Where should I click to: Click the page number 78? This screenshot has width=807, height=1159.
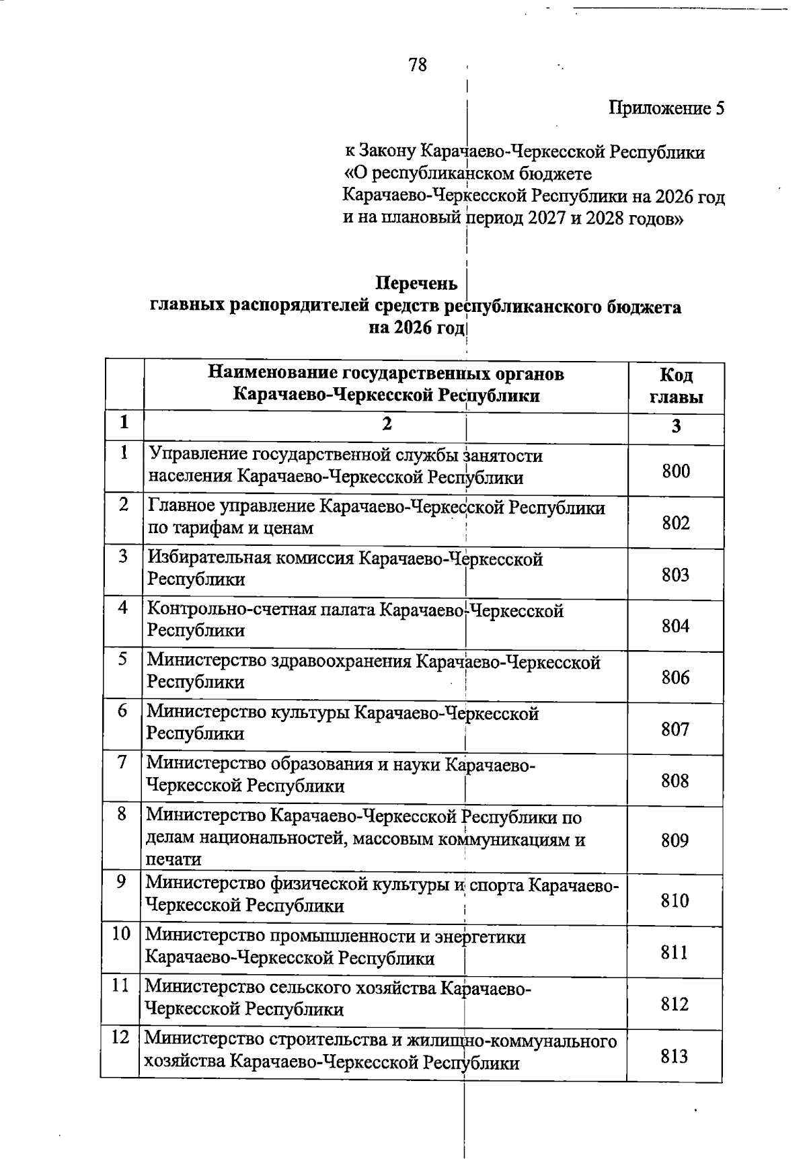pos(417,65)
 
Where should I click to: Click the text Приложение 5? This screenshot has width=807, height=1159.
pos(666,108)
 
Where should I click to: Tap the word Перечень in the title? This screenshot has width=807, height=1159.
pos(416,284)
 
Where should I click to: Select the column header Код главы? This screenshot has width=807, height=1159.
pos(676,385)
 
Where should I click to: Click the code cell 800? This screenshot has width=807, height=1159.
pos(676,471)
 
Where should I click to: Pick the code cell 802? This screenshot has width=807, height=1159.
pos(676,523)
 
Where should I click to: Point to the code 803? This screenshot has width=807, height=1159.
pos(676,575)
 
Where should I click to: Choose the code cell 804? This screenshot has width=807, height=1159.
pos(676,626)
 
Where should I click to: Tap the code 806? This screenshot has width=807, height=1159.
pos(676,678)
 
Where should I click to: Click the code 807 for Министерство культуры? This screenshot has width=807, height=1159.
pos(675,729)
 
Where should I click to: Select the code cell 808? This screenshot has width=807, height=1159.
pos(675,781)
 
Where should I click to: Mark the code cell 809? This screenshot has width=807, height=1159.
pos(675,840)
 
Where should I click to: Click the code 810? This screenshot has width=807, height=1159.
pos(675,901)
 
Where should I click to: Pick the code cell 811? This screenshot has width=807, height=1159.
pos(675,953)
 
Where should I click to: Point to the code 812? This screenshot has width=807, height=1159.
pos(675,1004)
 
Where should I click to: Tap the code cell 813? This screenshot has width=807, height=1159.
pos(675,1057)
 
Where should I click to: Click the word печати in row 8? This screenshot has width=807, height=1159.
pos(174,860)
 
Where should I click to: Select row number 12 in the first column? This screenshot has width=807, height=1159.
pos(120,1037)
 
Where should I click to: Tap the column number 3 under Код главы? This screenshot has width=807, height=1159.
pos(677,426)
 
